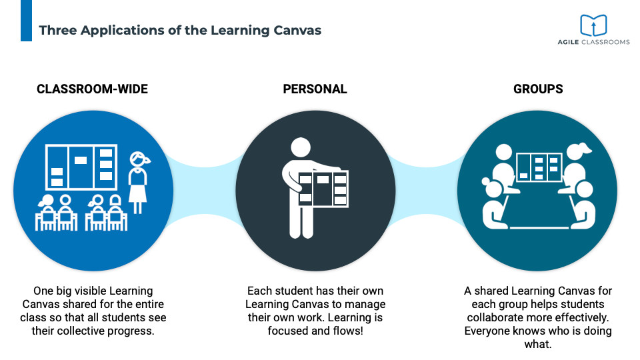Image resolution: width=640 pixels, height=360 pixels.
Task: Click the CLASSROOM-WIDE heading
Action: click(92, 89)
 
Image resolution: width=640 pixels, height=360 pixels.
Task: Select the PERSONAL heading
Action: click(315, 89)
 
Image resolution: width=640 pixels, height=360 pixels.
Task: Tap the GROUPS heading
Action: click(537, 89)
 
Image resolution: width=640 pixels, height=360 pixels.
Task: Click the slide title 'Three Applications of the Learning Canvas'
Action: click(180, 30)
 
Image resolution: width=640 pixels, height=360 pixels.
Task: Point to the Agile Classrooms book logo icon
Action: click(593, 25)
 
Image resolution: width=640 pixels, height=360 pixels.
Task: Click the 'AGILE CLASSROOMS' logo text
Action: click(593, 42)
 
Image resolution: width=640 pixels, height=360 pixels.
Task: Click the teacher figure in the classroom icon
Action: click(138, 180)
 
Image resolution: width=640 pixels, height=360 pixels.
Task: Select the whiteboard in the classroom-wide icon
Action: click(81, 167)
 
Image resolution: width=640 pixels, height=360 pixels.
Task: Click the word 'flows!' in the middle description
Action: click(347, 331)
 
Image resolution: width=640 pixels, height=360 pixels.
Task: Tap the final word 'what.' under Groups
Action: click(537, 344)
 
